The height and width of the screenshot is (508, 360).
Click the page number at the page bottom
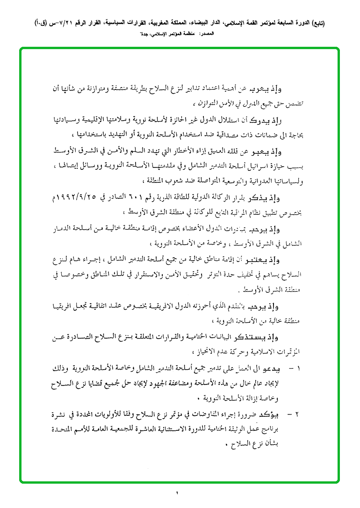pos(178,492)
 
